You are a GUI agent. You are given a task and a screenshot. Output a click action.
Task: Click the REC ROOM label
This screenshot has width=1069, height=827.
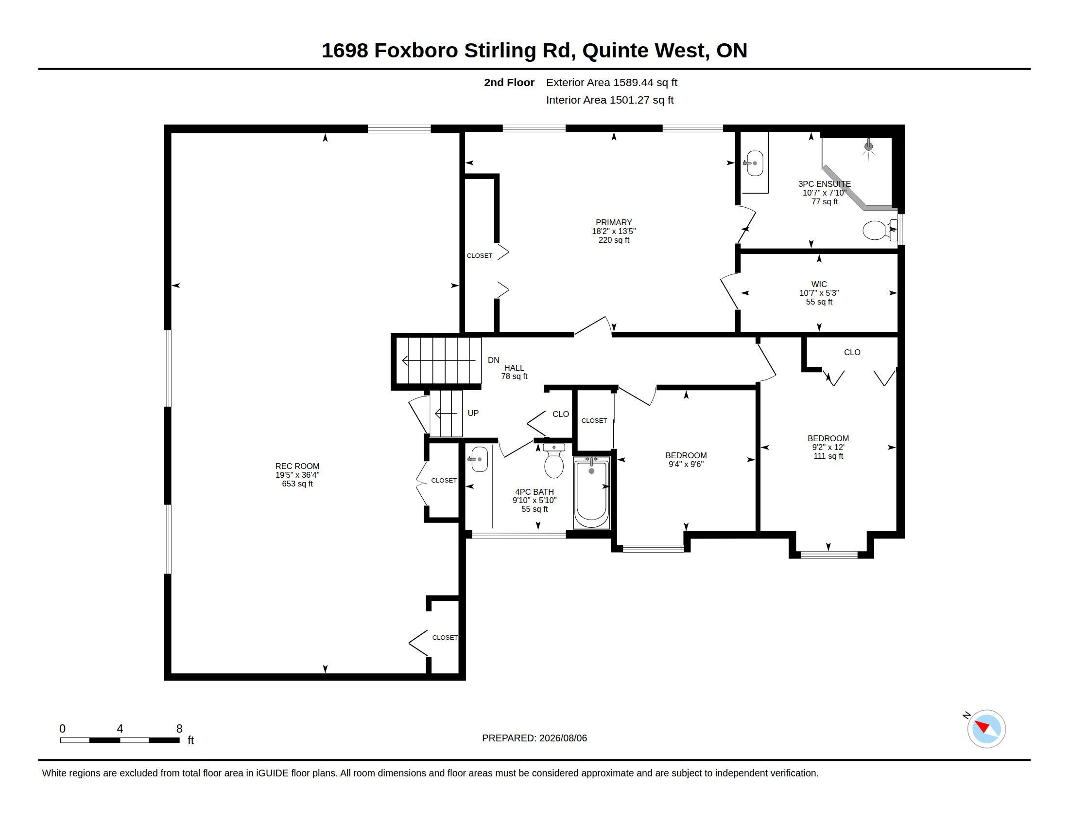297,467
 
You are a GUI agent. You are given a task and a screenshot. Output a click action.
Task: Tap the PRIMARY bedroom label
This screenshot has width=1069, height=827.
614,222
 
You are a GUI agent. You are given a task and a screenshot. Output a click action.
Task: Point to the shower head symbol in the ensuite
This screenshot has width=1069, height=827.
869,146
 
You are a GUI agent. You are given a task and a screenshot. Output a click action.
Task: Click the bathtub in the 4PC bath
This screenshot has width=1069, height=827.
591,492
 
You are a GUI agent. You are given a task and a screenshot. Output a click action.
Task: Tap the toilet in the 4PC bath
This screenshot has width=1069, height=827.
553,461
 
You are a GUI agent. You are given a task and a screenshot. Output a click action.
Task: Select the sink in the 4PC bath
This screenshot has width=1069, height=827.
479,459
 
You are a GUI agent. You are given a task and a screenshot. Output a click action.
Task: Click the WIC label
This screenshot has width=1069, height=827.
819,284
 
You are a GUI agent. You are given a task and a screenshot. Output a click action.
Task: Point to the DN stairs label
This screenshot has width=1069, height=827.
493,360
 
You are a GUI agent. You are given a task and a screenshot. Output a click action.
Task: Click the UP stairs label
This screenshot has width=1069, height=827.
473,413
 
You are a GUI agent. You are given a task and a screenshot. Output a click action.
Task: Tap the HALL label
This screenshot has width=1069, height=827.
514,368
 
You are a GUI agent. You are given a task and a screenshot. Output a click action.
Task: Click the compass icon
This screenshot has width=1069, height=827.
986,729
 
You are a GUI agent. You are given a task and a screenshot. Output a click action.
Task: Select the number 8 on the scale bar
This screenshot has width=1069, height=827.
179,729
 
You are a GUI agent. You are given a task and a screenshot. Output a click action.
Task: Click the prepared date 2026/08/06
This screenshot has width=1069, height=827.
563,738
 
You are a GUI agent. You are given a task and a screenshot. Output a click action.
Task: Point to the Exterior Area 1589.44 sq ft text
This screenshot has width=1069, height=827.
612,82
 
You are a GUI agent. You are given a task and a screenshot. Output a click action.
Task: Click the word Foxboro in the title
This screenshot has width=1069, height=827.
416,51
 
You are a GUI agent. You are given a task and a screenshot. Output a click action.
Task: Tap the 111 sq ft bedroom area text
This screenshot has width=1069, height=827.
828,456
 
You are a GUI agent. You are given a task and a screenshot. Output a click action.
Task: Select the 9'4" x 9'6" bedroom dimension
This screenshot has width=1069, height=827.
686,465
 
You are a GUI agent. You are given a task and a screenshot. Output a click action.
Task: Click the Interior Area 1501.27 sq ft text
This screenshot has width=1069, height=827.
610,100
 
